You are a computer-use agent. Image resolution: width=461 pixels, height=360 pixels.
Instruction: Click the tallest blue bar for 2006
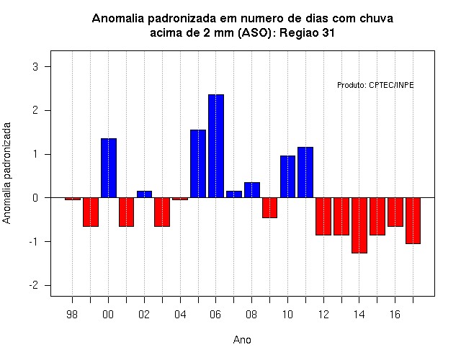click(216, 146)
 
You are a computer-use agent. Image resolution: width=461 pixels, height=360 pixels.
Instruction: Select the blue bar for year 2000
click(109, 168)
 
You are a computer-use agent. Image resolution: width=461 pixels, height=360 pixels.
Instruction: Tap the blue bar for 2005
click(198, 163)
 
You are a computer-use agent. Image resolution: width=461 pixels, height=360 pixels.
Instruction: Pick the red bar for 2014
click(359, 225)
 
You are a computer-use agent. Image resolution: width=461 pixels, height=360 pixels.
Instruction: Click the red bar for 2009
click(269, 208)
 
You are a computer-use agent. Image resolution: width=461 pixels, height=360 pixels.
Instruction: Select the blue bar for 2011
click(305, 172)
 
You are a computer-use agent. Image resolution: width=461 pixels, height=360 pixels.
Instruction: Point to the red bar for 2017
click(413, 221)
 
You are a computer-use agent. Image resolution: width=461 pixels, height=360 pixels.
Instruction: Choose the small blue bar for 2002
click(144, 194)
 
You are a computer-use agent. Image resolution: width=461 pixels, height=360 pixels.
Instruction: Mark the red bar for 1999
click(91, 212)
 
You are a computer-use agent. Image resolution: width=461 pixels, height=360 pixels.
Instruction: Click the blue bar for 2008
click(252, 190)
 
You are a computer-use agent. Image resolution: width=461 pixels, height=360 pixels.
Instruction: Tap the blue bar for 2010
click(287, 176)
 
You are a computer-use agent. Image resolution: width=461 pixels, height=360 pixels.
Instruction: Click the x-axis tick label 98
click(72, 315)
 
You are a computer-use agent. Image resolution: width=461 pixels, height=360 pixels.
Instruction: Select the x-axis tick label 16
click(395, 315)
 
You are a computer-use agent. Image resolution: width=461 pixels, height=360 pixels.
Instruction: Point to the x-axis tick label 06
click(215, 315)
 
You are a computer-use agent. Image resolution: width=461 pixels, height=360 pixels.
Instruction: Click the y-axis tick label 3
click(35, 67)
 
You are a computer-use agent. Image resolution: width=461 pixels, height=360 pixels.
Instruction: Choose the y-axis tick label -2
click(34, 285)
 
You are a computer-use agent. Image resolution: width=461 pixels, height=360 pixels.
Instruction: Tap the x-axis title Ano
click(242, 340)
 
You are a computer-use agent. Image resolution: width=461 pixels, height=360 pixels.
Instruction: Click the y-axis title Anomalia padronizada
click(6, 173)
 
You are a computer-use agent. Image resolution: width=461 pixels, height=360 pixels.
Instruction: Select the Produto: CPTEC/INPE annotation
click(375, 85)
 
